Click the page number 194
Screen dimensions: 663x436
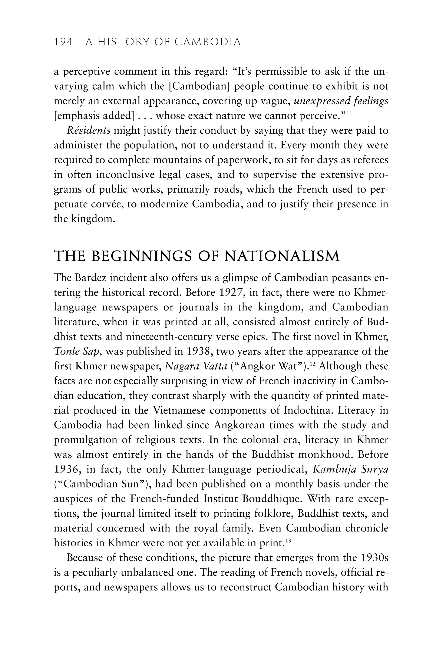coord(63,42)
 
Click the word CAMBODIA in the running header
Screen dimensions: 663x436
coord(208,42)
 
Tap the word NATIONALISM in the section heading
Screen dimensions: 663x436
coord(282,256)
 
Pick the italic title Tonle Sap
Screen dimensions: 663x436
coord(78,352)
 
